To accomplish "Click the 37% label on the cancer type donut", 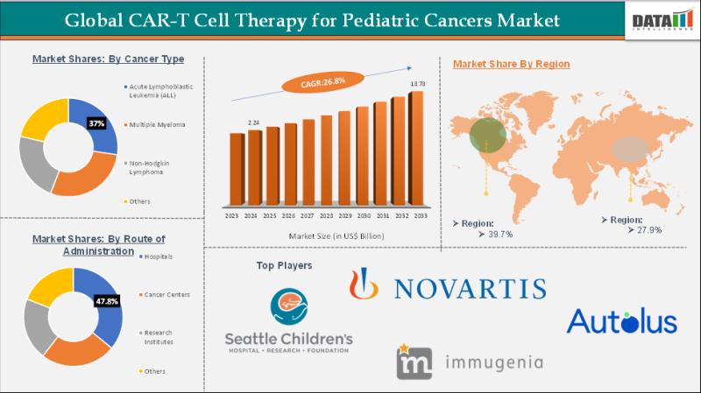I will [x=97, y=124].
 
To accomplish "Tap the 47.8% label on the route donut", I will [x=106, y=300].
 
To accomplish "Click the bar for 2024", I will [x=254, y=168].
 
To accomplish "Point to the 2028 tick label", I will [x=326, y=215].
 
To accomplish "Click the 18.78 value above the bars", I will [x=418, y=84].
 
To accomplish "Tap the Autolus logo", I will [x=621, y=320].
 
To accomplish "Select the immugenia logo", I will [x=469, y=361].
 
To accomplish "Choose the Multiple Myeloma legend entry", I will [x=157, y=125].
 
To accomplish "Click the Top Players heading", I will [x=284, y=264].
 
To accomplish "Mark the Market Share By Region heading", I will [x=511, y=64].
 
